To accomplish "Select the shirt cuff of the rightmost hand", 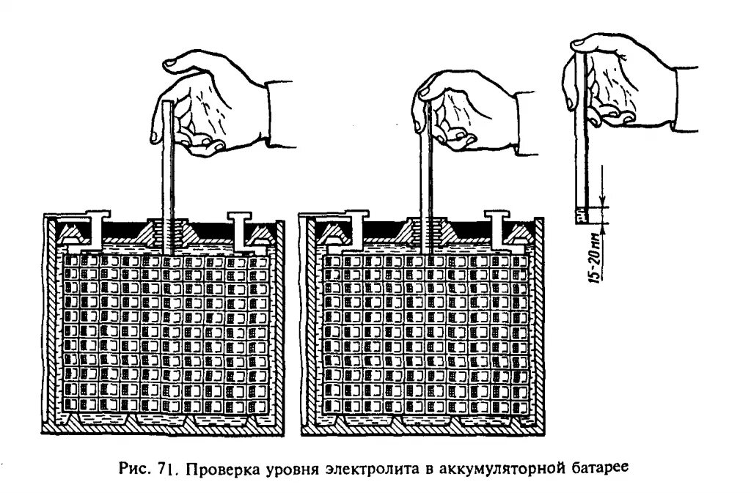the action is pyautogui.click(x=686, y=99).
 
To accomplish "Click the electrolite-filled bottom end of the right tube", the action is pyautogui.click(x=582, y=215).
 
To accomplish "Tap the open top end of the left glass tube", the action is pyautogui.click(x=169, y=106).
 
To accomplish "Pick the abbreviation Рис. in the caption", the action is pyautogui.click(x=136, y=467).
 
